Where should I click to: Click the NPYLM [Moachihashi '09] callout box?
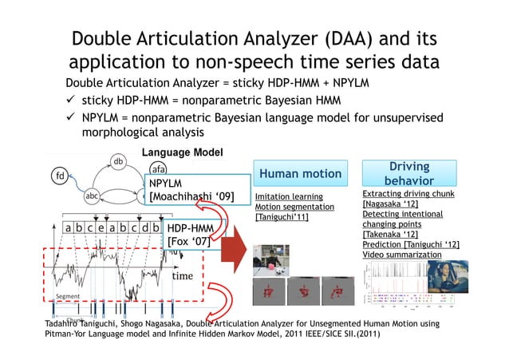click(x=191, y=191)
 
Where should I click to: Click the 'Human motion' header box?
click(x=300, y=174)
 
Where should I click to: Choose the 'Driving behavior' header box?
click(x=409, y=174)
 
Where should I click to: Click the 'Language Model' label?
click(x=171, y=152)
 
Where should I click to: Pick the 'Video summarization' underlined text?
click(x=401, y=254)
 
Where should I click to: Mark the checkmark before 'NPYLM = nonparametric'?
click(x=72, y=117)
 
